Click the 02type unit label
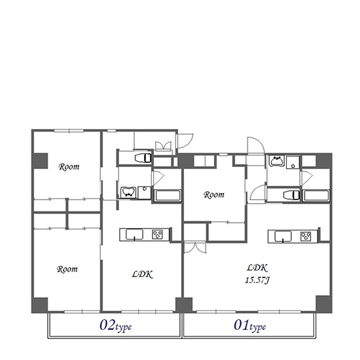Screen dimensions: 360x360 (115, 326)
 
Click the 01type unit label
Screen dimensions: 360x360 (250, 326)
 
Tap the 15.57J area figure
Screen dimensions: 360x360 (257, 280)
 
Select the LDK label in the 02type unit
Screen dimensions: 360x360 (142, 274)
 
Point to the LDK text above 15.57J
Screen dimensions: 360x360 (257, 268)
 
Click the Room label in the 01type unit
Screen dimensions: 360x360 (214, 194)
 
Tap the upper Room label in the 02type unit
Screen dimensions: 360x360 (69, 166)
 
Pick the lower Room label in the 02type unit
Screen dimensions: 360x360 (67, 269)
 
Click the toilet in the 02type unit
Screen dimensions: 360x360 (143, 158)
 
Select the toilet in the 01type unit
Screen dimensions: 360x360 (291, 195)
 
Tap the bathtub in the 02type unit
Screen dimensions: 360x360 (168, 196)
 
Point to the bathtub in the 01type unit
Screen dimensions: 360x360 (316, 196)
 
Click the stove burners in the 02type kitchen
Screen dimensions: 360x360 (158, 234)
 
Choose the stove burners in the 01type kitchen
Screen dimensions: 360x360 (306, 236)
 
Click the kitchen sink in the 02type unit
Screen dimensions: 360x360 (134, 234)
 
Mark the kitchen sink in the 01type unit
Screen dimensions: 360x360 (283, 236)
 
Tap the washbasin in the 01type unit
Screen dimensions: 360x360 (277, 160)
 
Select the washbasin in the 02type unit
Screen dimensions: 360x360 (128, 192)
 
